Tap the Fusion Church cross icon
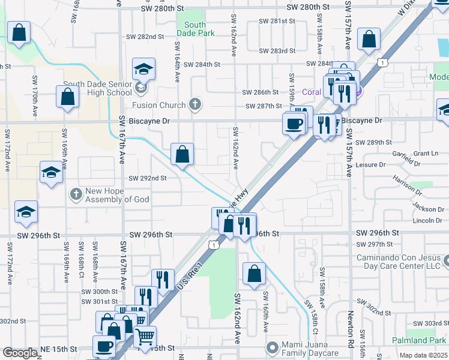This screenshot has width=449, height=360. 194,104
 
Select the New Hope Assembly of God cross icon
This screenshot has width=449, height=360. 76,194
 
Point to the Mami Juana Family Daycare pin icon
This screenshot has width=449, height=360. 273,347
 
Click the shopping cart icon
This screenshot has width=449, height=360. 145,337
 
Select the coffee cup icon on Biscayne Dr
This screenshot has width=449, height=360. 294,124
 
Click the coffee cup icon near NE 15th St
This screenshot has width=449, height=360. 104,347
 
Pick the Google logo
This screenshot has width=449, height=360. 20,353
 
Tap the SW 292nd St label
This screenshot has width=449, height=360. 148,178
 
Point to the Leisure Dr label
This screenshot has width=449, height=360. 371,164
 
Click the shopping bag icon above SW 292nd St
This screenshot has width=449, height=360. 182,154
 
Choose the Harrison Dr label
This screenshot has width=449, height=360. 408,186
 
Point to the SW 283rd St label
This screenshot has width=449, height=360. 278,51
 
